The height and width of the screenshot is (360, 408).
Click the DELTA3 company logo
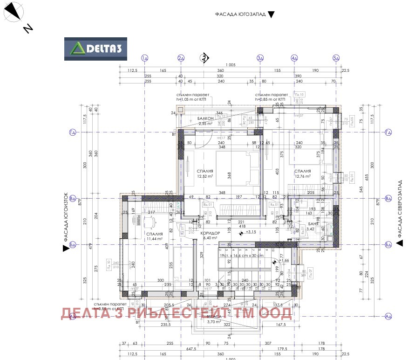[x=95, y=48]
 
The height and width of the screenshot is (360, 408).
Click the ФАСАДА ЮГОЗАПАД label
[x=240, y=14]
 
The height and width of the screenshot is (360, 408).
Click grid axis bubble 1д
[x=145, y=58]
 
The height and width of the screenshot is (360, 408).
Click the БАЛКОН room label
[x=205, y=118]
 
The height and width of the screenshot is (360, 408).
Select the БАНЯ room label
[x=313, y=224]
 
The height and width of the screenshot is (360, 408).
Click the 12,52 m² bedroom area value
[x=205, y=176]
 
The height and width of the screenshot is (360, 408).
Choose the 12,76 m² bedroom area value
[x=303, y=176]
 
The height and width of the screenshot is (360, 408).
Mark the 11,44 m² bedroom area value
[x=154, y=238]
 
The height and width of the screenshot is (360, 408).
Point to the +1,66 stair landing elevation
[x=285, y=261]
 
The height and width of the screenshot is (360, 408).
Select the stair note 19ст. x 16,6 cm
[x=241, y=255]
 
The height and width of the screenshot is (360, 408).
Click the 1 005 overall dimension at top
[x=230, y=64]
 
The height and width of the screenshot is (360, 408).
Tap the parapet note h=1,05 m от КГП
[x=191, y=99]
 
